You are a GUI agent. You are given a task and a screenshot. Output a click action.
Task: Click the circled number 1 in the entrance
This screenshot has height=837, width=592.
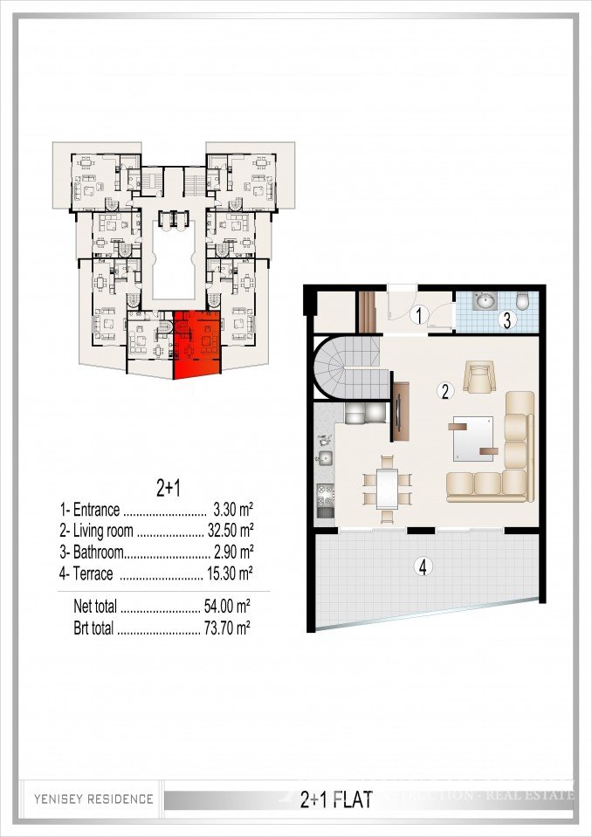419,314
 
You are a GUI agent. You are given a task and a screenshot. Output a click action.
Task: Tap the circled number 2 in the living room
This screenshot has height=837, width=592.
445,392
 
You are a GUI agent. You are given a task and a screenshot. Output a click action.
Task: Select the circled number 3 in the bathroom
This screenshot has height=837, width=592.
506,319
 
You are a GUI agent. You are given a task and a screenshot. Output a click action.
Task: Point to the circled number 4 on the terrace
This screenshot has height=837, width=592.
423,566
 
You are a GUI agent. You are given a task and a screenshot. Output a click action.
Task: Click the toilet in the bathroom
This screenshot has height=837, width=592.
523,302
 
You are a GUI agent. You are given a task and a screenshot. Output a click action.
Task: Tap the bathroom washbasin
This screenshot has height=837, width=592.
484,302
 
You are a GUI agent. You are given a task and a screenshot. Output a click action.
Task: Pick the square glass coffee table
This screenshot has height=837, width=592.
472,436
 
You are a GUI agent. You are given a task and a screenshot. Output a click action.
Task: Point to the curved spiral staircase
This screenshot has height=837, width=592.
345,367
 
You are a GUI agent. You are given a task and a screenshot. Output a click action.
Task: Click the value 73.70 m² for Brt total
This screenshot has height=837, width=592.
231,627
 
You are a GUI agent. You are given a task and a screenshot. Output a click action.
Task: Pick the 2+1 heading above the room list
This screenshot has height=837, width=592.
155,485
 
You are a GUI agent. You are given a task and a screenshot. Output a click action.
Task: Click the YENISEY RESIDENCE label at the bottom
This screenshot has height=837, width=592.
93,799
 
